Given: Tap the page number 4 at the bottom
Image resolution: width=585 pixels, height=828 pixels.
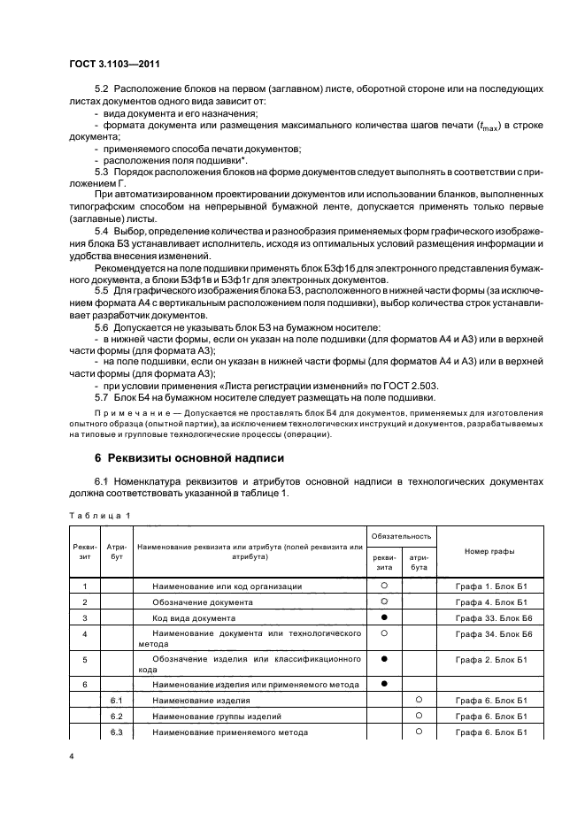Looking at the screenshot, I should click(72, 755).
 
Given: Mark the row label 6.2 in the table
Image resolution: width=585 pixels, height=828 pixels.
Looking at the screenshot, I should click(115, 716).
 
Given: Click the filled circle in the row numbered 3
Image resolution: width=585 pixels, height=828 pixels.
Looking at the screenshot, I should click(385, 617).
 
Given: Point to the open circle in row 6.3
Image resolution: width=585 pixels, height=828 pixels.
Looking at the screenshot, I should click(419, 732).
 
